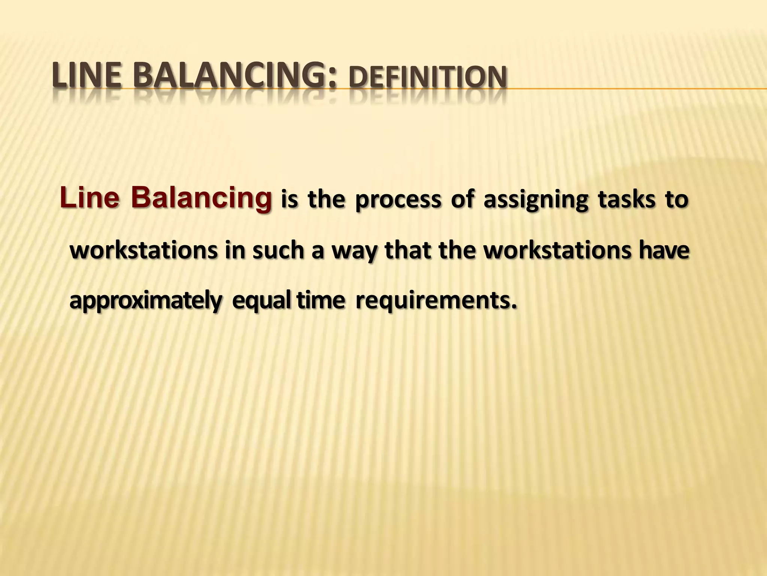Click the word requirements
coord(435,301)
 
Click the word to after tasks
coord(676,200)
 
